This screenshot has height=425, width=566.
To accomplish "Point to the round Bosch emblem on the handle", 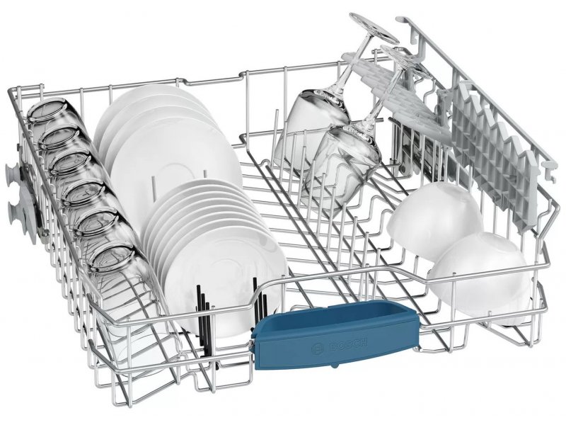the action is click(318, 349).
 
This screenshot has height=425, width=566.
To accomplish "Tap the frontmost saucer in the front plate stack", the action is click(231, 278).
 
